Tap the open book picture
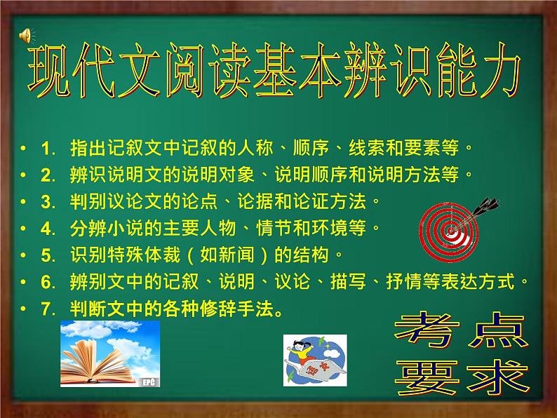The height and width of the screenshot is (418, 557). (110, 354)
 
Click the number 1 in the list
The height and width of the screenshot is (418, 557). (47, 149)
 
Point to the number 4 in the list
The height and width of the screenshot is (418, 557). (47, 228)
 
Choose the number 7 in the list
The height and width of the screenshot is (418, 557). (47, 309)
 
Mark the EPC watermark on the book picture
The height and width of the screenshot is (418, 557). (147, 382)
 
